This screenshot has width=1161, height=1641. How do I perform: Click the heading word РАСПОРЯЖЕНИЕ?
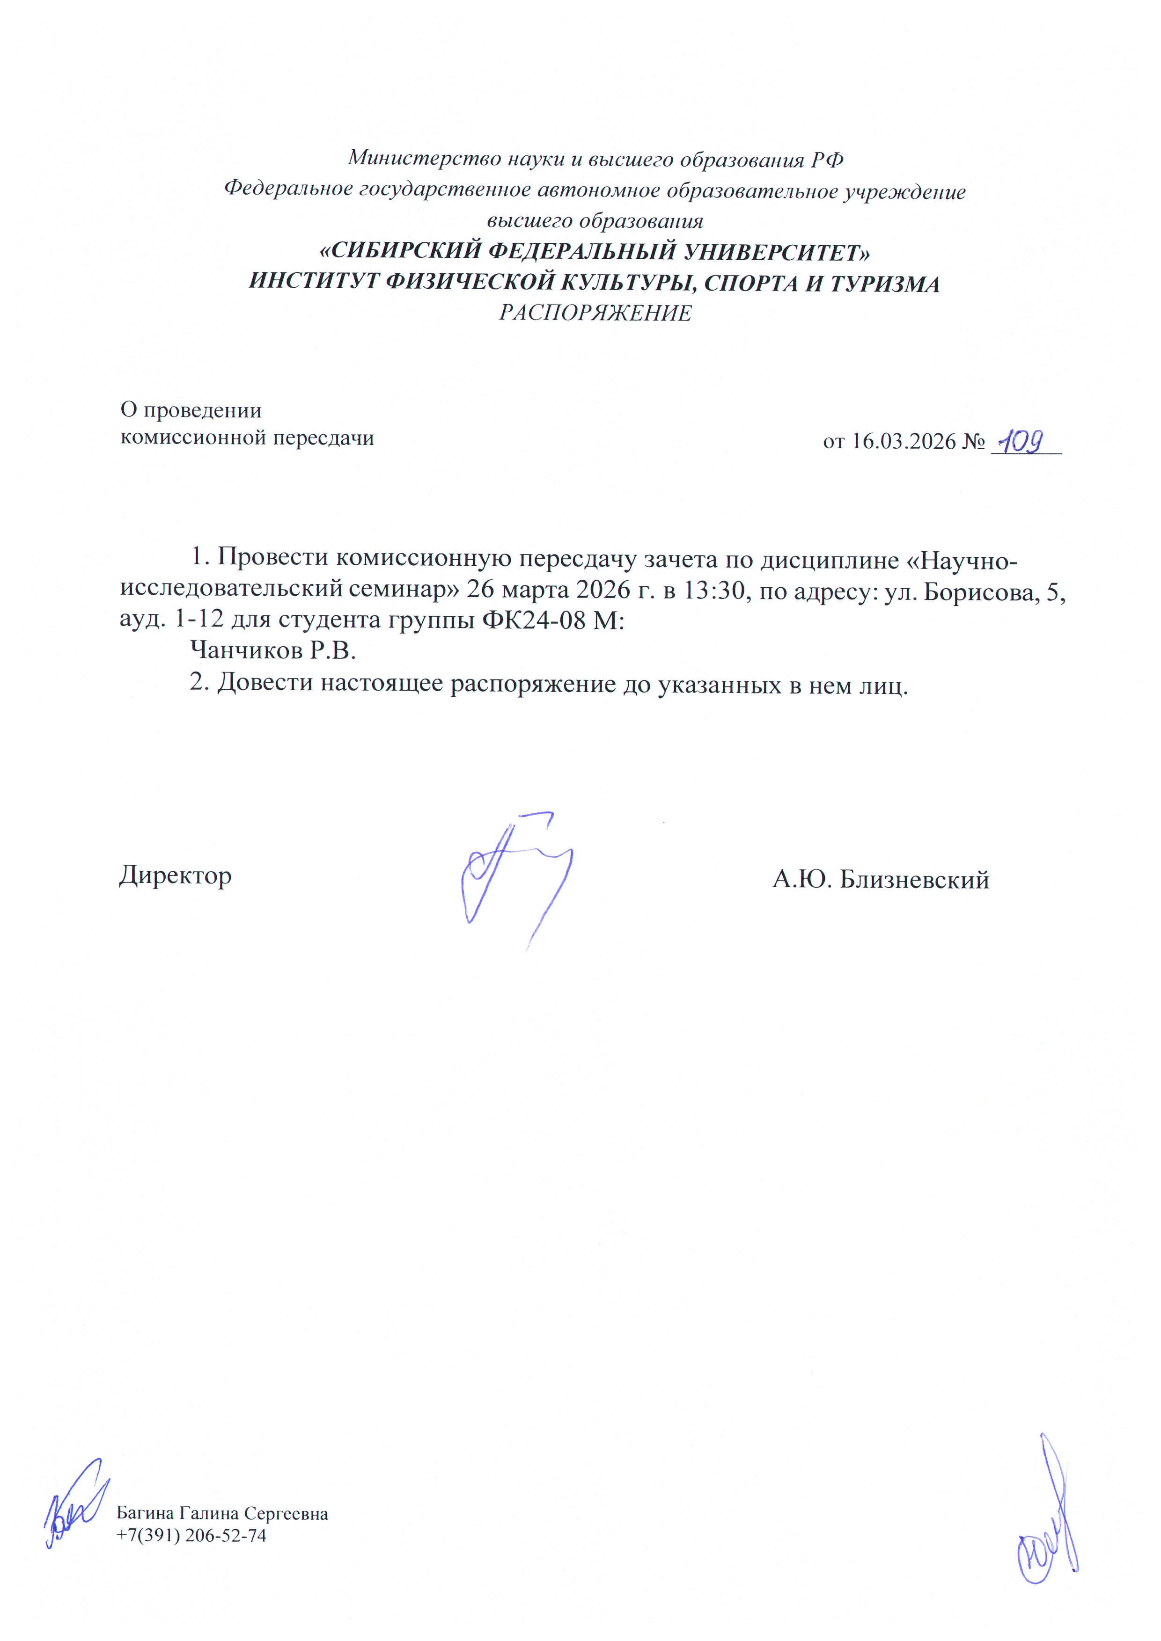coord(595,313)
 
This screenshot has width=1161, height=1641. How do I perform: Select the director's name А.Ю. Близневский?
coord(880,879)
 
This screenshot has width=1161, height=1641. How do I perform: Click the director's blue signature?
coord(515,875)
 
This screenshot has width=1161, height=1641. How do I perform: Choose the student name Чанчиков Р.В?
coord(272,651)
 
